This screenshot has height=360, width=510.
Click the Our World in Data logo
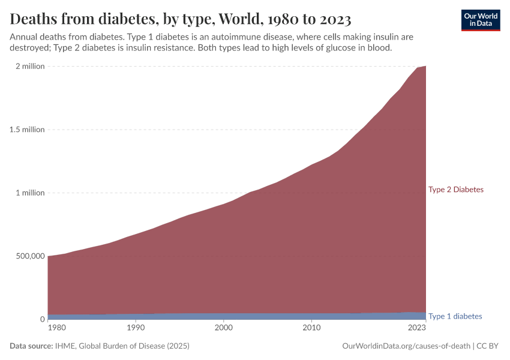(x=480, y=20)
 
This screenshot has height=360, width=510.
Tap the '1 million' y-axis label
(x=30, y=193)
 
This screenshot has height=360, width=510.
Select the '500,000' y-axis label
(x=29, y=256)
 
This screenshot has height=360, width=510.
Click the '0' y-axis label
(x=41, y=319)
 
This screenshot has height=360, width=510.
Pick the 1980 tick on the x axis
(x=56, y=328)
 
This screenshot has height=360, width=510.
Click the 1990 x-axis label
(x=136, y=328)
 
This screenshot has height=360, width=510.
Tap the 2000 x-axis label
(x=223, y=328)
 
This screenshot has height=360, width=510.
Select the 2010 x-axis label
(x=311, y=328)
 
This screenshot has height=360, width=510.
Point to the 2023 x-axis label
(x=416, y=328)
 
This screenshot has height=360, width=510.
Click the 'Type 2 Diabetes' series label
(x=455, y=190)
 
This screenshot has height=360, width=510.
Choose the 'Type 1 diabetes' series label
(x=455, y=316)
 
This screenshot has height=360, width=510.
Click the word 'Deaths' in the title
(x=35, y=19)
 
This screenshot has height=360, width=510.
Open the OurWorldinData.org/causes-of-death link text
(x=406, y=346)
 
